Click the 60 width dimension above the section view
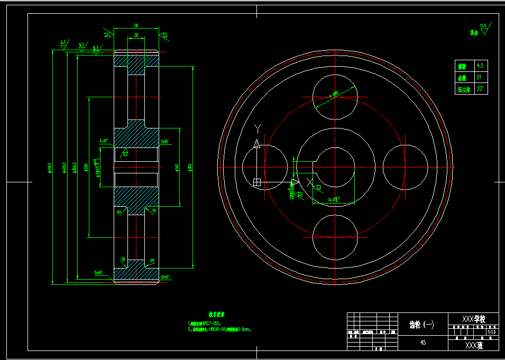point(136,25)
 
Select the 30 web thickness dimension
point(136,35)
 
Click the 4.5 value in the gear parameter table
point(480,66)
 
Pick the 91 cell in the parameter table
point(479,77)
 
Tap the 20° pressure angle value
point(480,89)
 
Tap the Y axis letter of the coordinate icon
point(258,127)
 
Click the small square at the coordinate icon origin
point(257,182)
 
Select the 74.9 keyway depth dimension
point(333,200)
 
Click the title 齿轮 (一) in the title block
point(422,325)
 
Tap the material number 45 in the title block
point(423,343)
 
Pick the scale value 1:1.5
point(492,332)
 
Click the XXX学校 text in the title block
point(473,319)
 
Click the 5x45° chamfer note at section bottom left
point(101,272)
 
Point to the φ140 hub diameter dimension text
point(176,167)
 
